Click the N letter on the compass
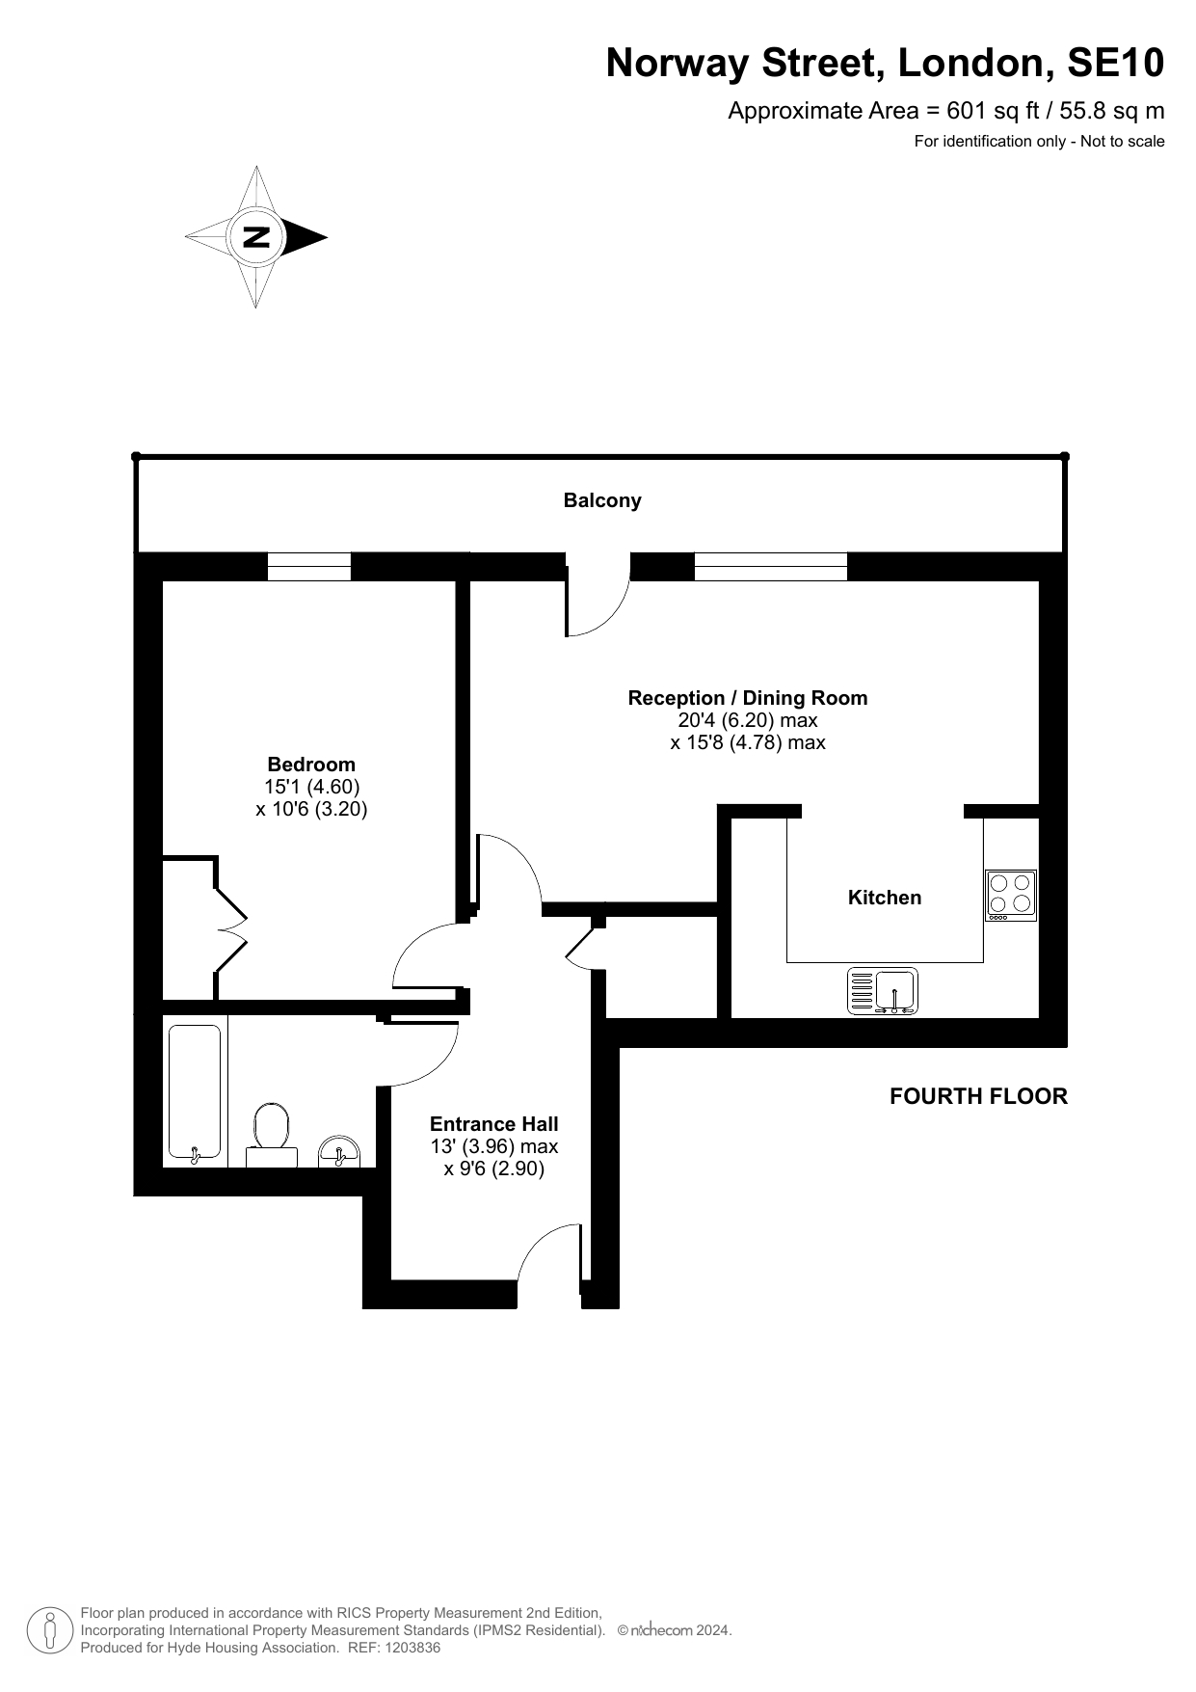(x=256, y=236)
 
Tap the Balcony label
(x=602, y=500)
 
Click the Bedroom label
(x=311, y=765)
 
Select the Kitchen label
(x=885, y=898)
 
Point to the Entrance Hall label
(x=494, y=1123)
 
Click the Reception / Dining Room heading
(x=748, y=698)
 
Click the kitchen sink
(x=883, y=991)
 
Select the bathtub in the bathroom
(x=195, y=1091)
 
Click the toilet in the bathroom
(x=272, y=1137)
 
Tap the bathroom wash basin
(x=338, y=1151)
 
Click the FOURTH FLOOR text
(x=978, y=1096)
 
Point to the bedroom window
(x=308, y=567)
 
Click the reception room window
(x=771, y=567)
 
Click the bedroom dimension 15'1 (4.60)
(x=311, y=787)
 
